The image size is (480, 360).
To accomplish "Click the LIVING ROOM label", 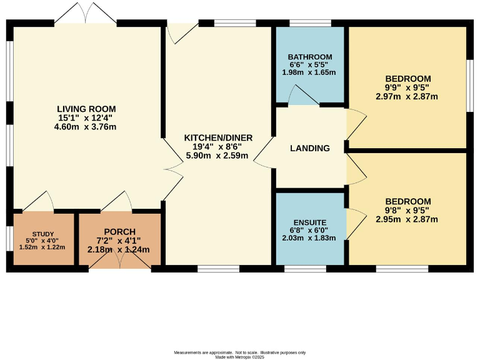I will pyautogui.click(x=87, y=109).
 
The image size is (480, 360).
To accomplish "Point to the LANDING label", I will pyautogui.click(x=310, y=148).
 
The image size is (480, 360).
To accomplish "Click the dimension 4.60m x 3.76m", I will pyautogui.click(x=87, y=127).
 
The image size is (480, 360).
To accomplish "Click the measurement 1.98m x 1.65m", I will pyautogui.click(x=311, y=72).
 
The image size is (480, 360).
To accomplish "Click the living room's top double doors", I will pyautogui.click(x=86, y=14).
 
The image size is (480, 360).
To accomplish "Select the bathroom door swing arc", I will pyautogui.click(x=302, y=95).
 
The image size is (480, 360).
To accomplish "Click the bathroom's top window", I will pyautogui.click(x=311, y=23).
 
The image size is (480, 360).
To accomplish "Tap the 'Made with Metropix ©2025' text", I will pyautogui.click(x=240, y=357).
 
